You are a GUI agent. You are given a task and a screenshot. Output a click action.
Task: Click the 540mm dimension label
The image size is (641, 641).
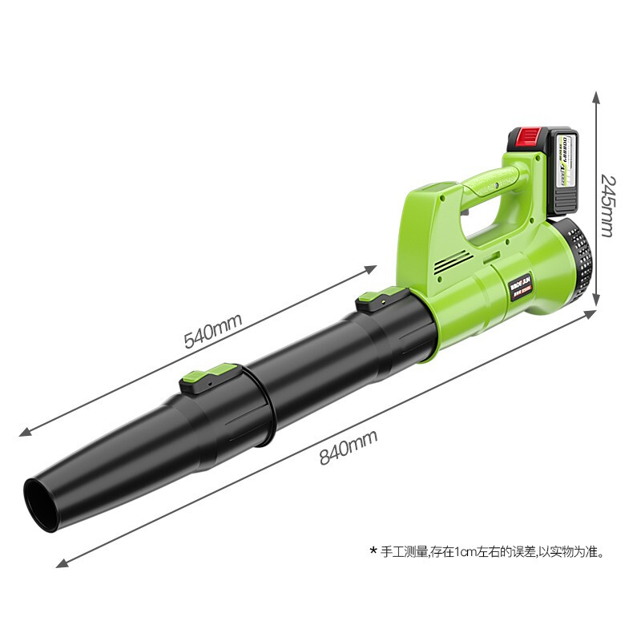coord(212,329)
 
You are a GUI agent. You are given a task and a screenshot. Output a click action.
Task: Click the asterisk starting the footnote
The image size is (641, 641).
coord(373,551)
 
